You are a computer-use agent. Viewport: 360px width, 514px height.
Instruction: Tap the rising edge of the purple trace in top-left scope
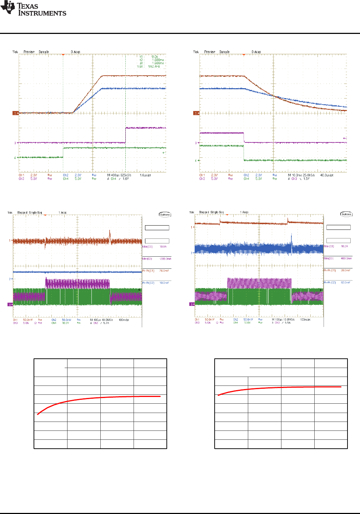pos(126,135)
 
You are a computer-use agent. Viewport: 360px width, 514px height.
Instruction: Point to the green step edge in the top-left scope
pos(63,152)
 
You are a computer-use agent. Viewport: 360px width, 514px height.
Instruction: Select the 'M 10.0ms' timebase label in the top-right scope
pos(294,175)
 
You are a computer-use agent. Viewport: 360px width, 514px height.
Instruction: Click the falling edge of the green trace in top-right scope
pos(244,153)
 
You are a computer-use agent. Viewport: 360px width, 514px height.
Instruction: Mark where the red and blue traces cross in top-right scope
pos(274,96)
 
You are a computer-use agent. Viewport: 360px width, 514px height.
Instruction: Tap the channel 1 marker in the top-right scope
pos(196,113)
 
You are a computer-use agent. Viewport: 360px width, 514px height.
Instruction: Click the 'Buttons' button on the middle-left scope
pos(165,215)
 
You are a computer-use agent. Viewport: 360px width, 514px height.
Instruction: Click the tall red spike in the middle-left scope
pos(110,235)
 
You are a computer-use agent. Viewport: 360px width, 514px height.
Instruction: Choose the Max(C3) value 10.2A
pos(344,246)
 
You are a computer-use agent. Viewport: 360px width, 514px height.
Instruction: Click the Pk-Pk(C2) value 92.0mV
pos(345,283)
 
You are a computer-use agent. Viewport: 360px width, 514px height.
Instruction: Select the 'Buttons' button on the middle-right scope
pos(346,214)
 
